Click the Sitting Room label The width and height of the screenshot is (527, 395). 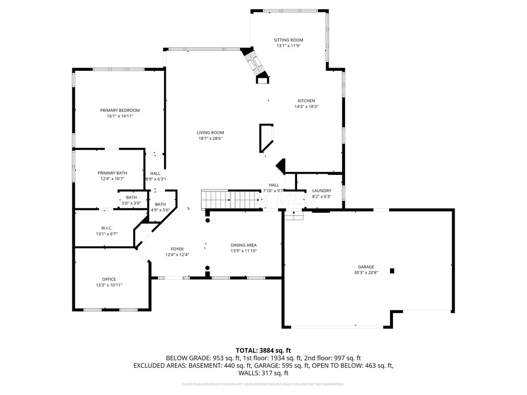click(288, 40)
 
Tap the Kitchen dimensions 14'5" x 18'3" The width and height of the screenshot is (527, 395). click(306, 107)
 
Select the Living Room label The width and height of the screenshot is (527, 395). click(210, 133)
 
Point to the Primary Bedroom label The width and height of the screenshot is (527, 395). click(120, 110)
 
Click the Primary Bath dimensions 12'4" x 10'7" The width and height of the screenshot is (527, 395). click(112, 179)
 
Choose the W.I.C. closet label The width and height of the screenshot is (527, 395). click(106, 227)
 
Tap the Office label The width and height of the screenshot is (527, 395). click(109, 279)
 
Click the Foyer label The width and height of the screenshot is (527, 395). click(177, 249)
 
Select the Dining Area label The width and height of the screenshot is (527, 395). click(244, 245)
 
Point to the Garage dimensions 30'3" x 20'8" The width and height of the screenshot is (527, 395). click(366, 273)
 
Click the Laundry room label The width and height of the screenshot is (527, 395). click(321, 191)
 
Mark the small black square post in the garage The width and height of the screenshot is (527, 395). click(392, 271)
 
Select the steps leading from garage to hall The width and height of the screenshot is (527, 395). click(294, 216)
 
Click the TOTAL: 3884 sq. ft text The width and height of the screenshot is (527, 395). click(263, 350)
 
